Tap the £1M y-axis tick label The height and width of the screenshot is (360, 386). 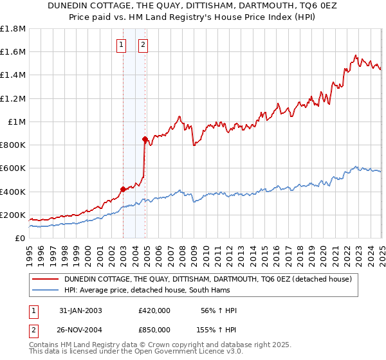[x=16, y=122]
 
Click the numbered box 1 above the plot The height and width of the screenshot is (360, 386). [x=122, y=45]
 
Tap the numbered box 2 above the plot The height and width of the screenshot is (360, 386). [x=142, y=45]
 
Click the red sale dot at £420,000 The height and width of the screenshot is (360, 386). [x=123, y=189]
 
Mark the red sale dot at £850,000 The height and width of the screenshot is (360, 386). [x=145, y=139]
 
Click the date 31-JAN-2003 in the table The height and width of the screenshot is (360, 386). [x=80, y=310]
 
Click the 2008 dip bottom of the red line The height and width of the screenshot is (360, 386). [x=194, y=145]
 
